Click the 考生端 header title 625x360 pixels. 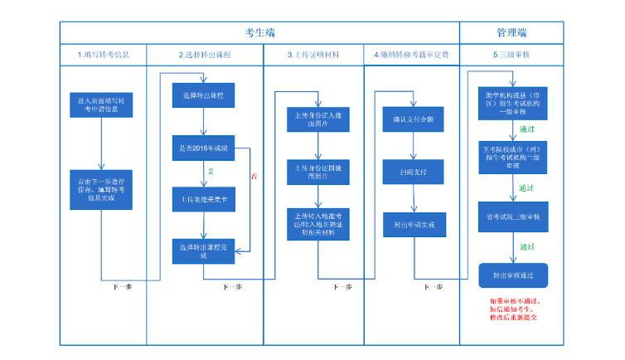(x=259, y=32)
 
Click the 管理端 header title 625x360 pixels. (x=511, y=32)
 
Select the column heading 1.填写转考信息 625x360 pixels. (x=103, y=55)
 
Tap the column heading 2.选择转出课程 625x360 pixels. (x=205, y=55)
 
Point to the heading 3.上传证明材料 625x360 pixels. (x=312, y=55)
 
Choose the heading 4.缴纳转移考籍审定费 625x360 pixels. (x=411, y=55)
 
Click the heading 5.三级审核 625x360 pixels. (x=511, y=55)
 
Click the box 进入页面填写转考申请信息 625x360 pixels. (x=100, y=104)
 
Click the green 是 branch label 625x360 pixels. (x=211, y=171)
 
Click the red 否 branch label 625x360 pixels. (x=254, y=176)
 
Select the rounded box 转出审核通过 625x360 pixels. (x=514, y=274)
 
